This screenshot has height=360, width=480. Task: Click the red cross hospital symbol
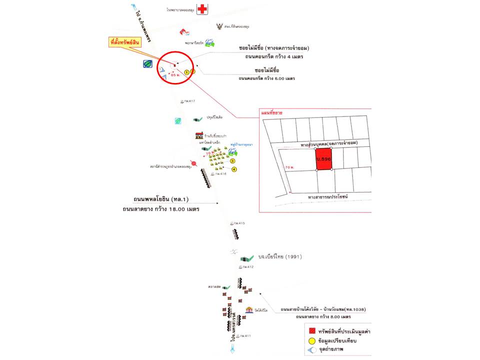coord(202,9)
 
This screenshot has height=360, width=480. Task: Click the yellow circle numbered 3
coord(232,161)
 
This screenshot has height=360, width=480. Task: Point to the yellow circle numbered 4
coord(233,169)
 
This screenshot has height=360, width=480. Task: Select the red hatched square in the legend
coord(311,331)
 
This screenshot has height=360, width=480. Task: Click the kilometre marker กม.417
coord(188,101)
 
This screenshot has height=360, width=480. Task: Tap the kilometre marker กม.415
coord(237,223)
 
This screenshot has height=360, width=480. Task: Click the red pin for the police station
coord(194,163)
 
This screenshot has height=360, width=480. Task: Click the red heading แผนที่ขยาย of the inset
coord(272,113)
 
